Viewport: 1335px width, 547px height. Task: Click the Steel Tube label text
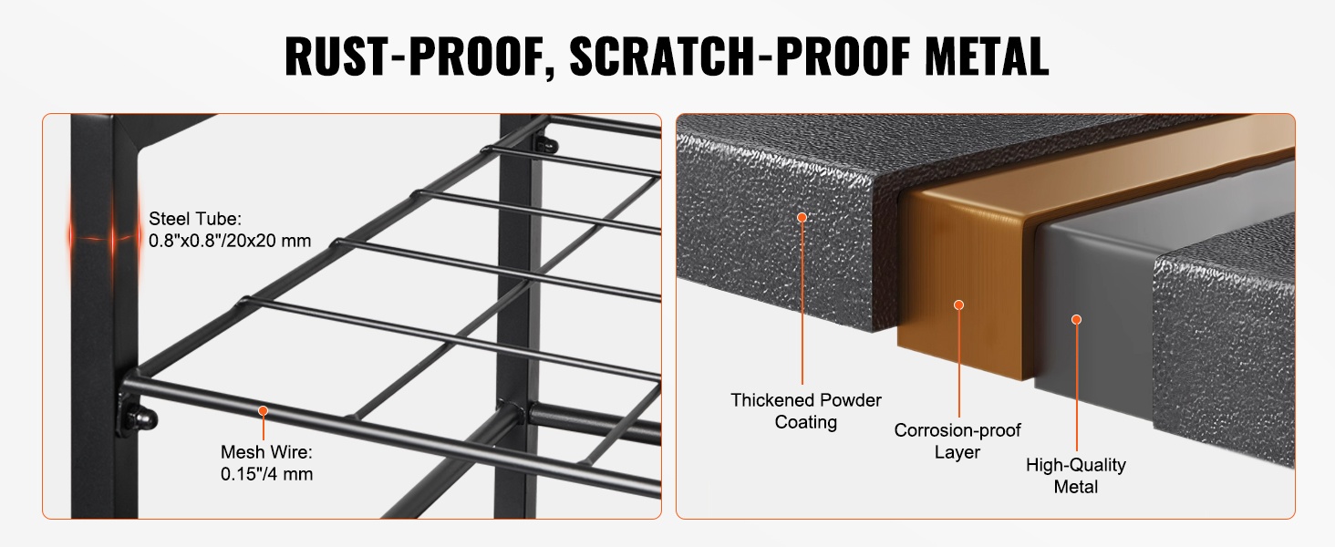click(195, 219)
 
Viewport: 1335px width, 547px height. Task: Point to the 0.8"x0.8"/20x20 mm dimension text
click(230, 241)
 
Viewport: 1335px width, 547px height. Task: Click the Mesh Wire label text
click(266, 451)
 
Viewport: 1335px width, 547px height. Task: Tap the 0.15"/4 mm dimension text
click(266, 474)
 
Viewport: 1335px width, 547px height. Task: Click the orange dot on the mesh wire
click(263, 410)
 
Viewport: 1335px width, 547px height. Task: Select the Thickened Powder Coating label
click(806, 410)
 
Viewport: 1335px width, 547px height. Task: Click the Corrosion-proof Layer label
click(957, 441)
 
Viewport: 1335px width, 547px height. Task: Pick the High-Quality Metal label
click(1076, 476)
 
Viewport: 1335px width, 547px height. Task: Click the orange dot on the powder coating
click(802, 218)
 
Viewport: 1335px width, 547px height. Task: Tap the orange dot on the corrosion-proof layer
click(959, 305)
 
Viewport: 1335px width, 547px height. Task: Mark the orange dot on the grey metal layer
click(1076, 320)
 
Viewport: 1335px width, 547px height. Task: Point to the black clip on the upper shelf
click(544, 145)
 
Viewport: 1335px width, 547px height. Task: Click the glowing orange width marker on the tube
click(104, 238)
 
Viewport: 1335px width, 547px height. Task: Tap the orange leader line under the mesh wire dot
click(263, 428)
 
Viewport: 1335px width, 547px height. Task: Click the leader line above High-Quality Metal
click(1076, 387)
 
